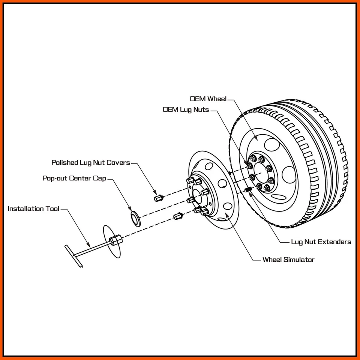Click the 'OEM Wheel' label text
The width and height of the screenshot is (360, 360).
point(208,99)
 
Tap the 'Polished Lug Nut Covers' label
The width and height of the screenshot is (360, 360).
point(91,163)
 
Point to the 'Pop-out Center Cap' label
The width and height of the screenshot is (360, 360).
point(74,178)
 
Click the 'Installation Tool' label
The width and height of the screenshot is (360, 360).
point(33,209)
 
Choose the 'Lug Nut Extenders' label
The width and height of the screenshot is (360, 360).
point(321,242)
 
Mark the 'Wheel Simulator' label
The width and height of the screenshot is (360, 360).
point(288,259)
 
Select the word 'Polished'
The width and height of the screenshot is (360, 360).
point(64,163)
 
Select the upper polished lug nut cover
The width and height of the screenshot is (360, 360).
point(158,197)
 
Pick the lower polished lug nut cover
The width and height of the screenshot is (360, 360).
point(178,216)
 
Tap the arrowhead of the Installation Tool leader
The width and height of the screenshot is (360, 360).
point(90,244)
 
